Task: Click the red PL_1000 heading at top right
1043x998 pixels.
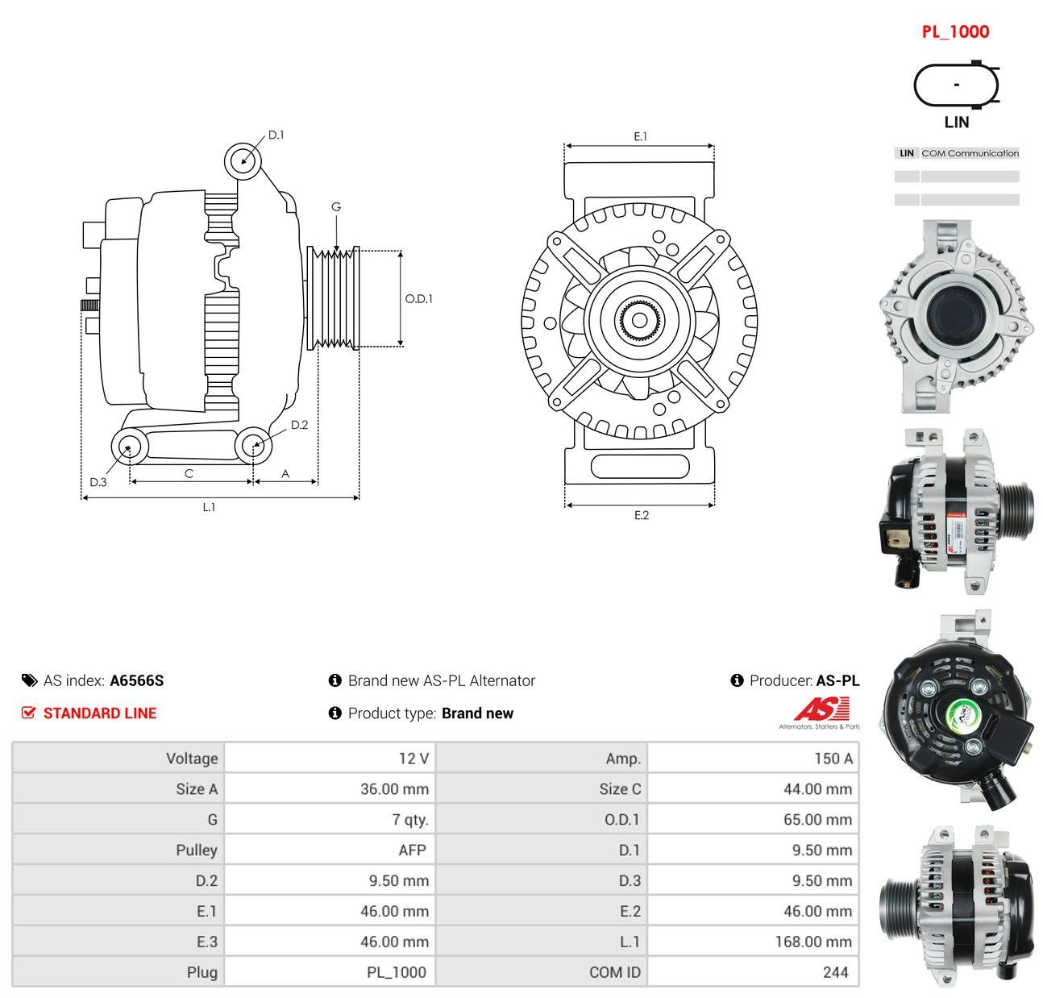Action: [955, 31]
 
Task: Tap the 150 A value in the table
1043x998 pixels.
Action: [833, 759]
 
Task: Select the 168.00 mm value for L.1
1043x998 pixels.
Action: [813, 942]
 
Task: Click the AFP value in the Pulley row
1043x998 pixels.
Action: [412, 850]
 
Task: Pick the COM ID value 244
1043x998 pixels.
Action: [836, 972]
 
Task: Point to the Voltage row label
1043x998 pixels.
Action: [192, 759]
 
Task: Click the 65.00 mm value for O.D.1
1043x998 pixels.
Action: [818, 820]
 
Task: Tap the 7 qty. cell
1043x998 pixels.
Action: [410, 820]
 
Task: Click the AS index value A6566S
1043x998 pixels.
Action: [137, 680]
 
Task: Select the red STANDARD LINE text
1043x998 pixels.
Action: [100, 713]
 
